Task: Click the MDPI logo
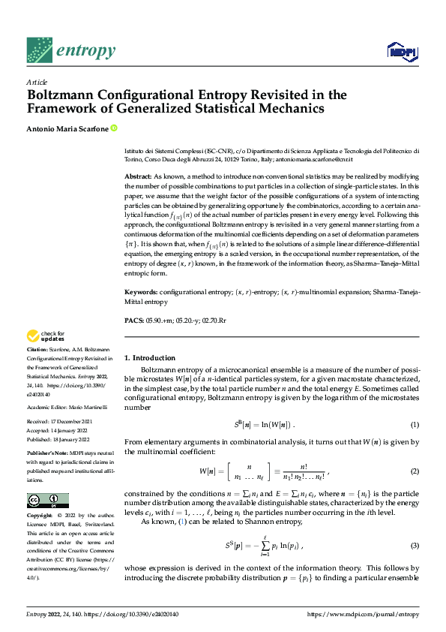(x=402, y=51)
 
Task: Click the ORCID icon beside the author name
(x=114, y=128)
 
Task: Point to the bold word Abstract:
(x=138, y=175)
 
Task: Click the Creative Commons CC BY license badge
(x=47, y=501)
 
